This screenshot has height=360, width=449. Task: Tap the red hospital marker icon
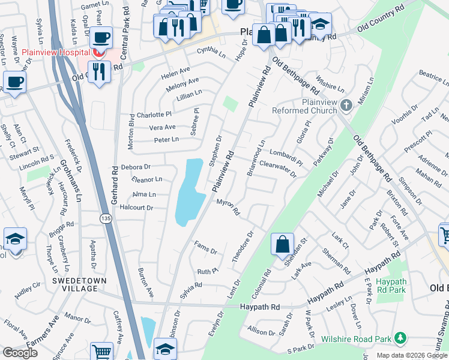tap(98, 53)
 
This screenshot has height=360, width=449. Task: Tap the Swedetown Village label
tap(75, 284)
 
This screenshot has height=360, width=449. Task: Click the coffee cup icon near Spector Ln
tap(14, 81)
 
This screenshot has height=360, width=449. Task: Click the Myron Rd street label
tap(228, 208)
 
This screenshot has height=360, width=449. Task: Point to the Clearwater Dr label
tap(278, 170)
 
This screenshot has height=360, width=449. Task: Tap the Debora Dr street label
tap(135, 166)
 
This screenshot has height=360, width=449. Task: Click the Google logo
tap(20, 353)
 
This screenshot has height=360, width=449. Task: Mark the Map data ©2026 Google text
tap(412, 355)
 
